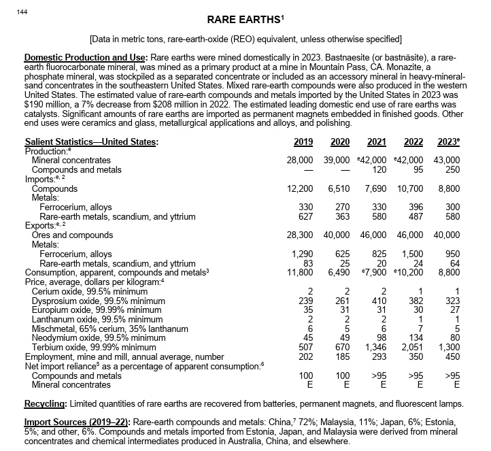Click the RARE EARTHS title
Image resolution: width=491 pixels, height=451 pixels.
(245, 18)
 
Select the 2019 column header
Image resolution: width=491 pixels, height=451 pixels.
(303, 141)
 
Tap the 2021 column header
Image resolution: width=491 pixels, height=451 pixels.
(376, 141)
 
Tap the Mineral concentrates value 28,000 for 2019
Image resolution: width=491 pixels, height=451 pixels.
(300, 160)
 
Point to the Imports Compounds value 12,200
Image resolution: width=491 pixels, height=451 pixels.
(300, 188)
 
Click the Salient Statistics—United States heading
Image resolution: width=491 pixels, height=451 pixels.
(91, 141)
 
